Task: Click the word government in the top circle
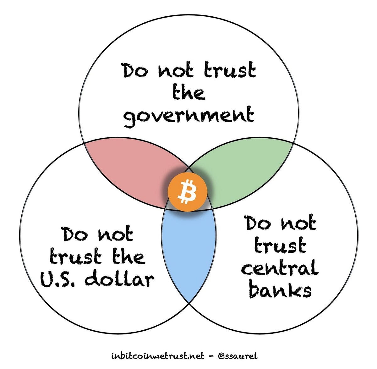(188, 115)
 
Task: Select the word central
(280, 269)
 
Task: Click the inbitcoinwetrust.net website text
(157, 356)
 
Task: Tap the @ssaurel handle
(238, 356)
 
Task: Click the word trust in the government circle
(229, 70)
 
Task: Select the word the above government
(188, 92)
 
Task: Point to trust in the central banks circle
(280, 246)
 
